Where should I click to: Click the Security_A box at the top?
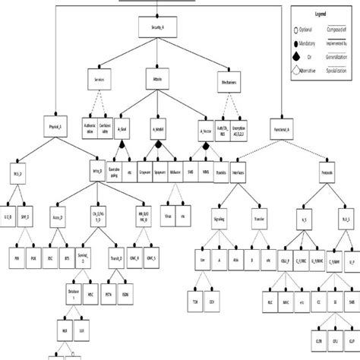click(x=157, y=28)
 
